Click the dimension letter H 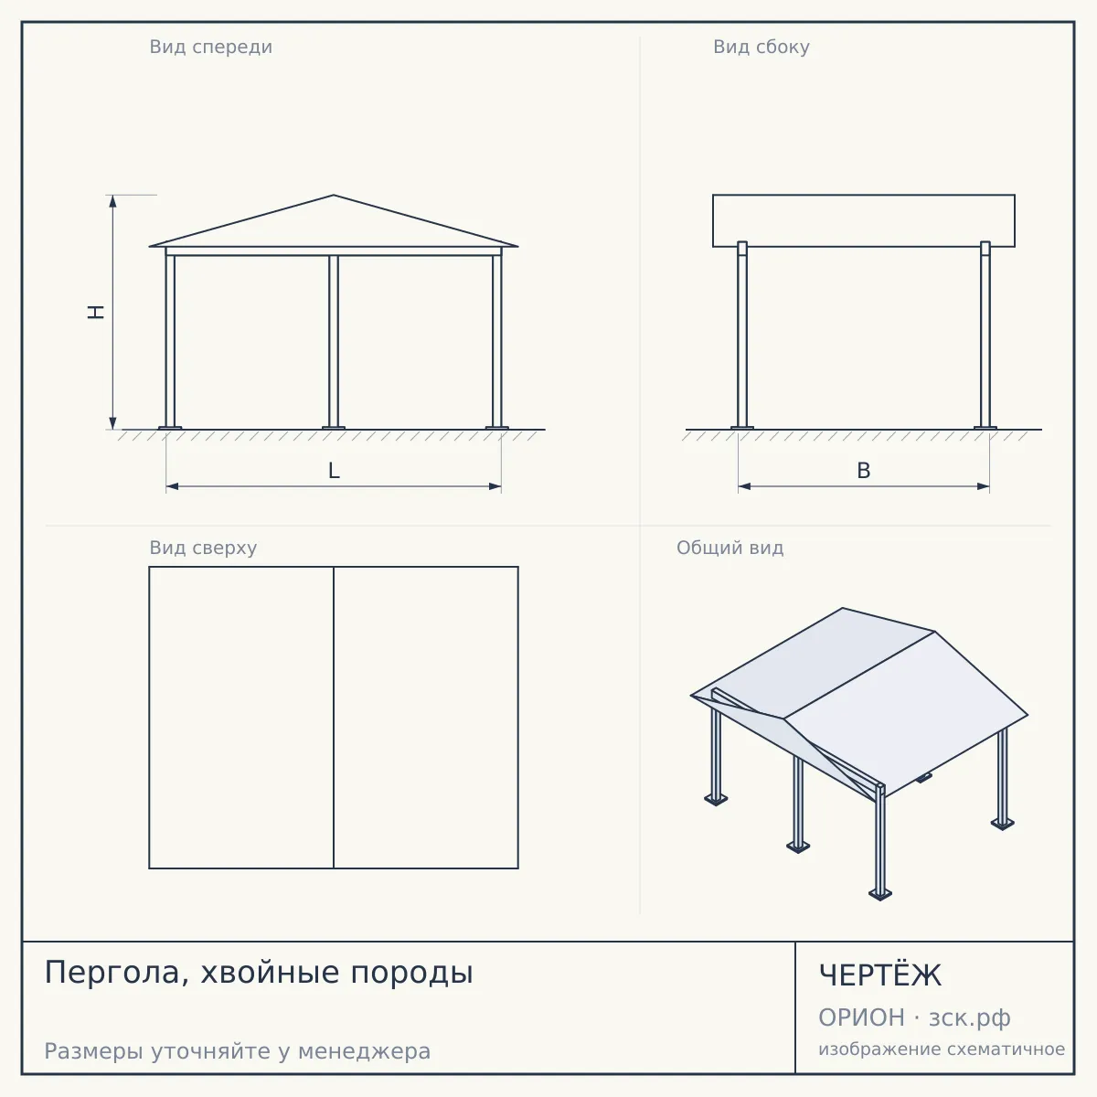96,312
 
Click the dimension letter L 335,471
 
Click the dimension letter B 864,471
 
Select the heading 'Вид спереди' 210,47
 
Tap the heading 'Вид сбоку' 762,47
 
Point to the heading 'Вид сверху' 203,548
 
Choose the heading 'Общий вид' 730,548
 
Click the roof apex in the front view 334,196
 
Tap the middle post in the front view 334,342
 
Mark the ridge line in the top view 334,718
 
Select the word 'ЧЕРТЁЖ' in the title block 880,975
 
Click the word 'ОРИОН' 861,1017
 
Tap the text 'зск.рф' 970,1018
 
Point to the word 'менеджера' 365,1051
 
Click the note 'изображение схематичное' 942,1049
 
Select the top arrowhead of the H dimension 112,201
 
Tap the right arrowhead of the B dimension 983,486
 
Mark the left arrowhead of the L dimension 173,486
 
